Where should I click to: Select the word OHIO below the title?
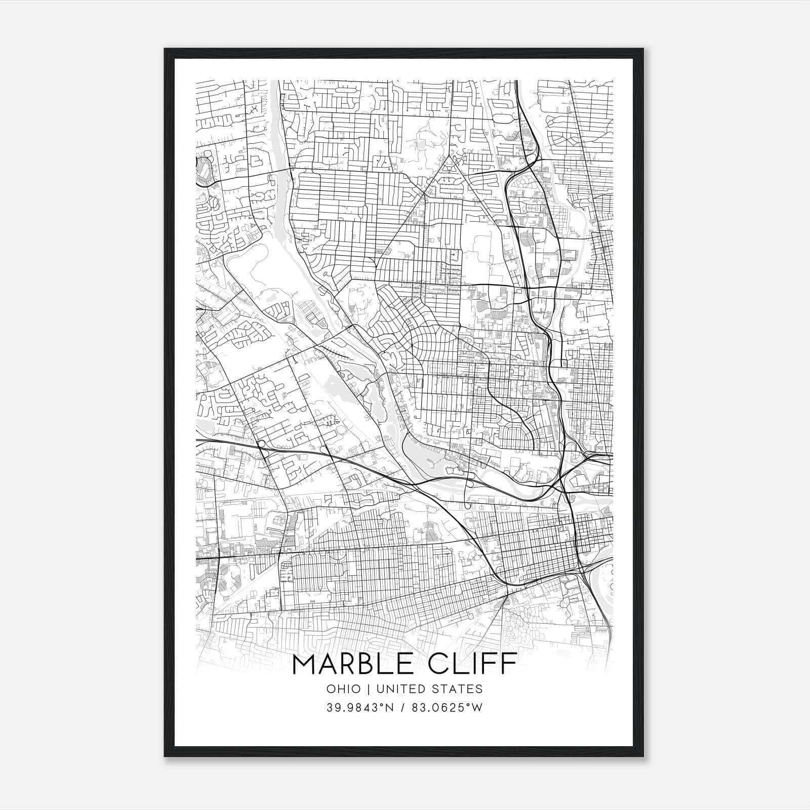point(344,689)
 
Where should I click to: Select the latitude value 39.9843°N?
point(360,708)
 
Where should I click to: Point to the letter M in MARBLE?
point(305,665)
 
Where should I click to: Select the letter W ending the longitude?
point(477,708)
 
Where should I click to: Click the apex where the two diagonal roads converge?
point(448,157)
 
